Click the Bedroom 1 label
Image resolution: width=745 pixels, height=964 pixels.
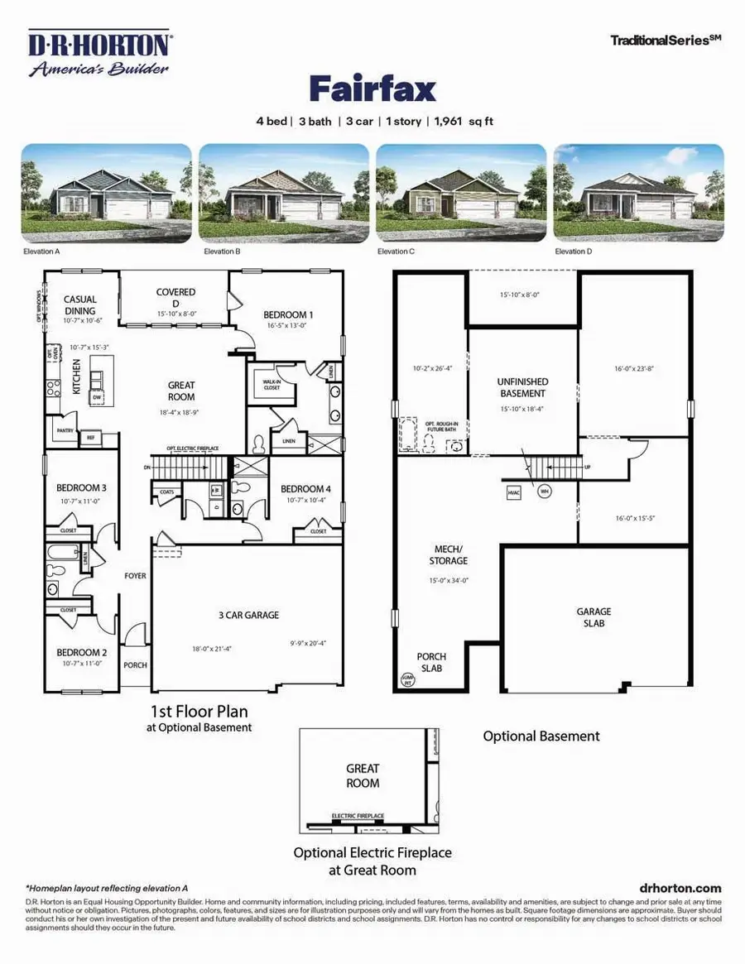pos(288,314)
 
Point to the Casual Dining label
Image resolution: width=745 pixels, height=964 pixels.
pos(80,305)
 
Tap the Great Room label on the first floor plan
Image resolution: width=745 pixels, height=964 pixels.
pos(181,390)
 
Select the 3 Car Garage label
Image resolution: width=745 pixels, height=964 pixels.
pos(248,615)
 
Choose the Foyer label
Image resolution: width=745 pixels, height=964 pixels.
pos(135,575)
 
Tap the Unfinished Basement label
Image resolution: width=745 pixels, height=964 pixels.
pos(522,387)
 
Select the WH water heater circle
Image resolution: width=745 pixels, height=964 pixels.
pos(545,491)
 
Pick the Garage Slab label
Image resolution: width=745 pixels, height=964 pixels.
pos(594,616)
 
